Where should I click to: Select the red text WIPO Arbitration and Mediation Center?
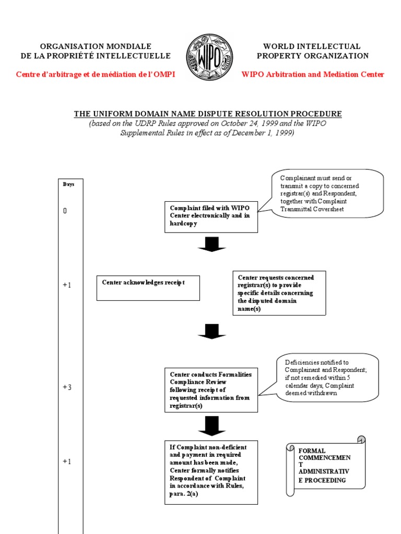(313, 75)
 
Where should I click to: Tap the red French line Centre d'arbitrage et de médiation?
(96, 75)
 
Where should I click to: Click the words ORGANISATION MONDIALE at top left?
(96, 46)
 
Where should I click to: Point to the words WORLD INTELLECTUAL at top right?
(312, 46)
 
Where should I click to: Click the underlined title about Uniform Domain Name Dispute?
(208, 114)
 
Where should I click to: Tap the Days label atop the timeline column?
(69, 184)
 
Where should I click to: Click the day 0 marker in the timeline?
(65, 211)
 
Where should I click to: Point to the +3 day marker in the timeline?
(67, 387)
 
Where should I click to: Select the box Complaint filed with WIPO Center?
(211, 216)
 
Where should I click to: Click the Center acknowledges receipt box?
(148, 288)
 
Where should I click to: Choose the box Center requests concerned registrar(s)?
(279, 293)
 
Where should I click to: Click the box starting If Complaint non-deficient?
(211, 472)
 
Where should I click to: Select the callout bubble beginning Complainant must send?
(327, 192)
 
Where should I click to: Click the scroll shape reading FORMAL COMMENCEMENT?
(325, 466)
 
